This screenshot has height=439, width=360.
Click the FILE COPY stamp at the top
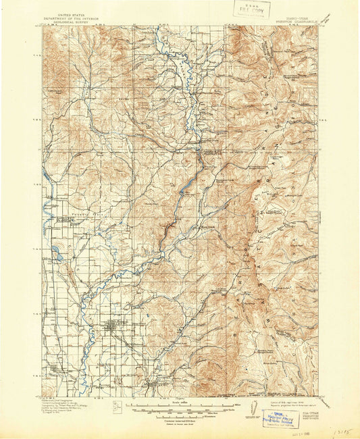pos(249,9)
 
